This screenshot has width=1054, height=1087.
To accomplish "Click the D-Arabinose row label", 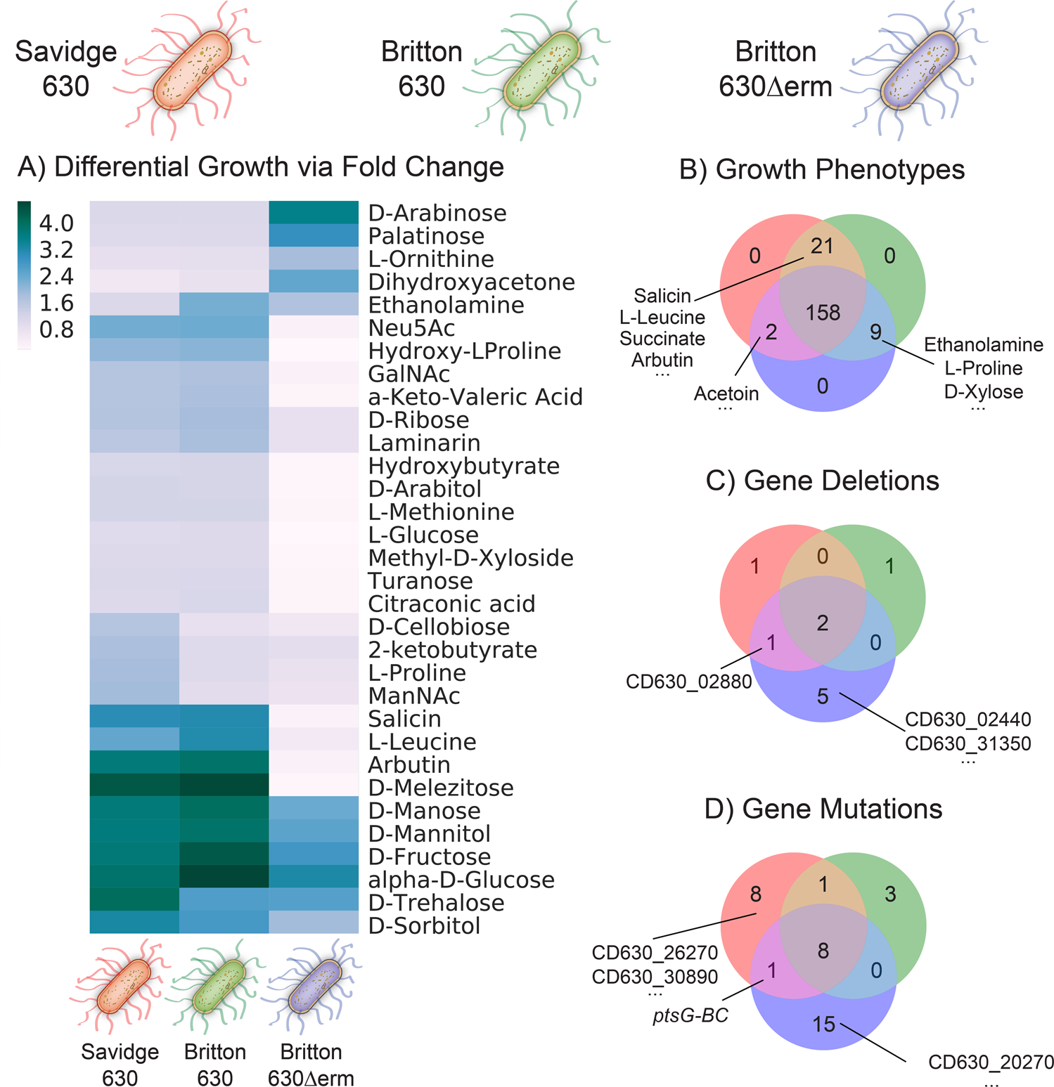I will click(x=437, y=213).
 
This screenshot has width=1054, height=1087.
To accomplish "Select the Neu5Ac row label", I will click(x=411, y=328).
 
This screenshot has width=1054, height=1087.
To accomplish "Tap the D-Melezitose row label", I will click(x=440, y=788).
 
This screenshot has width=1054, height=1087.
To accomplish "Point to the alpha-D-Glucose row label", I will click(x=461, y=880).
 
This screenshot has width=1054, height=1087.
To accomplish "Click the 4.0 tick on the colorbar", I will click(x=56, y=223).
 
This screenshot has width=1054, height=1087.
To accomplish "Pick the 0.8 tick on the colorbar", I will click(x=56, y=330).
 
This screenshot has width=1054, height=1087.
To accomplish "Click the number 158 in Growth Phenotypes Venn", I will click(x=823, y=313).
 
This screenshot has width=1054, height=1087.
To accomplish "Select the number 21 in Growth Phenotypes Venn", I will click(x=822, y=246).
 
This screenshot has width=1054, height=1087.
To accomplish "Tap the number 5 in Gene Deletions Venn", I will click(x=823, y=696).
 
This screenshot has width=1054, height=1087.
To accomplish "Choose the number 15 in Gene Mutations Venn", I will click(x=823, y=1024).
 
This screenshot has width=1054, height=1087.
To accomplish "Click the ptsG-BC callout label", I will click(x=690, y=1015).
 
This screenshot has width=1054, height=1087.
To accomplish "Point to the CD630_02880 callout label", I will click(x=688, y=682).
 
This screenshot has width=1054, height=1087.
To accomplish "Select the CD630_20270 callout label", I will click(x=991, y=1062).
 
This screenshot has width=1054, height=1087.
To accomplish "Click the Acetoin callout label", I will click(x=726, y=393).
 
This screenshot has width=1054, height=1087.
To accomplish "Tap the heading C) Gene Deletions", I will click(x=822, y=481).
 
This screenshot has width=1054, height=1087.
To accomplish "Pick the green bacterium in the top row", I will click(x=542, y=70).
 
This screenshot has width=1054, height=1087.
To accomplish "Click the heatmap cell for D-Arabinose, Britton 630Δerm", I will click(x=314, y=212).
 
